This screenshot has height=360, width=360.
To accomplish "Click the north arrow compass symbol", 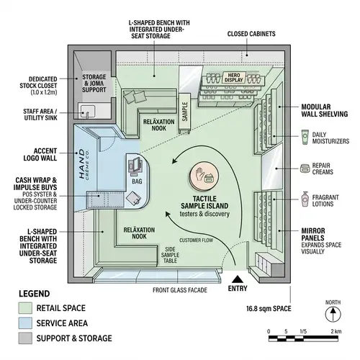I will click(x=332, y=315).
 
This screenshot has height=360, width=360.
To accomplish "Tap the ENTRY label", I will click(x=236, y=289).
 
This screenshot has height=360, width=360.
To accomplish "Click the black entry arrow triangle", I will click(x=236, y=278).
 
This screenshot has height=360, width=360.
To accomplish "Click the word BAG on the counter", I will click(x=138, y=182).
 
